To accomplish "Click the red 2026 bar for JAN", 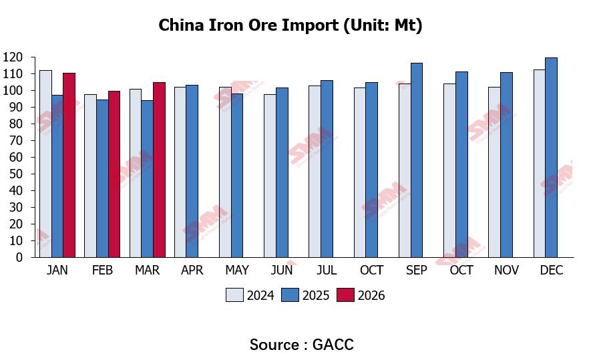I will click(x=69, y=165).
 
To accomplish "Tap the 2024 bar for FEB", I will click(x=90, y=176).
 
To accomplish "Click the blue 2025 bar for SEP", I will click(x=416, y=160).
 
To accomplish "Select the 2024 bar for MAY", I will click(x=225, y=172).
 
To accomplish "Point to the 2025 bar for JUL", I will click(x=327, y=168).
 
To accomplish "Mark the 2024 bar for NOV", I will click(x=495, y=172).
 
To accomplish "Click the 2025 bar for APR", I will click(x=192, y=171).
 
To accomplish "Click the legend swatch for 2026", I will click(x=345, y=295).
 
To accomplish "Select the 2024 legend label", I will click(x=260, y=295).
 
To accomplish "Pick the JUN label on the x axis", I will click(x=281, y=271).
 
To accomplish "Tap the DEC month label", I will click(x=551, y=271).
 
